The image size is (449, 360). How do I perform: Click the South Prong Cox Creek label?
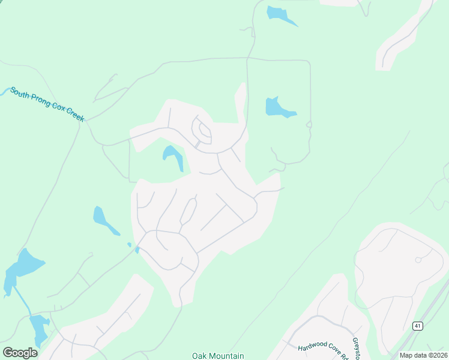point(47,103)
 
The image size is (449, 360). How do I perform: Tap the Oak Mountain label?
point(218,356)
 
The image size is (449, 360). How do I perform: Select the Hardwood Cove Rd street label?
point(323,350)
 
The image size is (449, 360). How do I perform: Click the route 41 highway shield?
point(417,326)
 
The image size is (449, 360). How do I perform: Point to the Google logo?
point(20,352)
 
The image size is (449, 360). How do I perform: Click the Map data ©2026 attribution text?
point(423,355)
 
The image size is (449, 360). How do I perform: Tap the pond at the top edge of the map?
point(279,14)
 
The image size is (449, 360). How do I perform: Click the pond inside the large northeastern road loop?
point(277,107)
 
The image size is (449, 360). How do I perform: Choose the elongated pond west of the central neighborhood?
point(103,220)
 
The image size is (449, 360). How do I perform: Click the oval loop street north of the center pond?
point(202,130)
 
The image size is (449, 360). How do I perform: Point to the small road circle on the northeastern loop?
point(309,124)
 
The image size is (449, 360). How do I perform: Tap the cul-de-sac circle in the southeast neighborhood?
point(418,260)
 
